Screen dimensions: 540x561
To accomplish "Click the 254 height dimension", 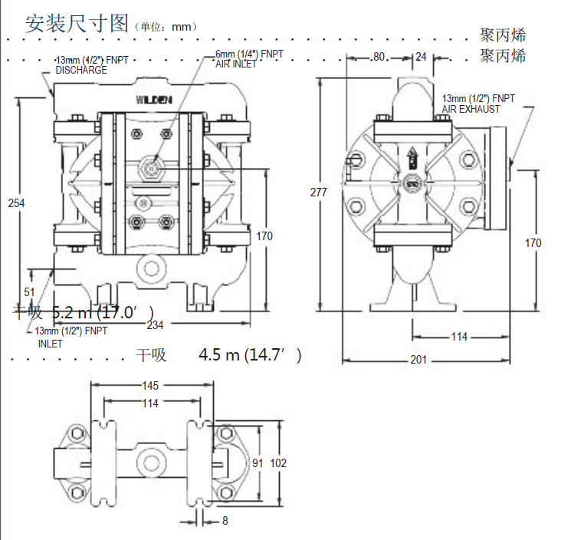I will pos(16,202).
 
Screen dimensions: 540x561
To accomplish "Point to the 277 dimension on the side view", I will pos(320,193).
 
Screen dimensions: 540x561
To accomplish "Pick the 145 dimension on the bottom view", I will pos(149,385).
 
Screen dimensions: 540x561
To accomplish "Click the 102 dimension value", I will pos(279,463).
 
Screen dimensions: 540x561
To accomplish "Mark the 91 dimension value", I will pos(258,463).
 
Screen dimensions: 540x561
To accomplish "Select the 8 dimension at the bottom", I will pos(225,521).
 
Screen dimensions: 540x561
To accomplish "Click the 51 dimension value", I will pos(29,291).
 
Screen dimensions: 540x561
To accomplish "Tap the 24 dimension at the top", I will pos(422,57).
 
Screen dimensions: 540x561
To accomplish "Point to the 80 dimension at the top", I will pos(379,57).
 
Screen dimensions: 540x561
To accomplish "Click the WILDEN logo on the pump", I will pos(154,99).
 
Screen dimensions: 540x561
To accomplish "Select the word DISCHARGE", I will pos(81,70).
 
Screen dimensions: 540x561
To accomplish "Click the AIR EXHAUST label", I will pos(471,109).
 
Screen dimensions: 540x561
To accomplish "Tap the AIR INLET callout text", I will pos(237,64).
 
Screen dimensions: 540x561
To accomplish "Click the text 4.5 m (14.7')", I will pos(250,355).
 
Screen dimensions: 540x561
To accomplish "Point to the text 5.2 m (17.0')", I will pos(103,312).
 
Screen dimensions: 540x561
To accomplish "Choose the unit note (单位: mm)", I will pos(166,26).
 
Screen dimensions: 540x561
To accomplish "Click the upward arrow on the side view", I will pos(412,159).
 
